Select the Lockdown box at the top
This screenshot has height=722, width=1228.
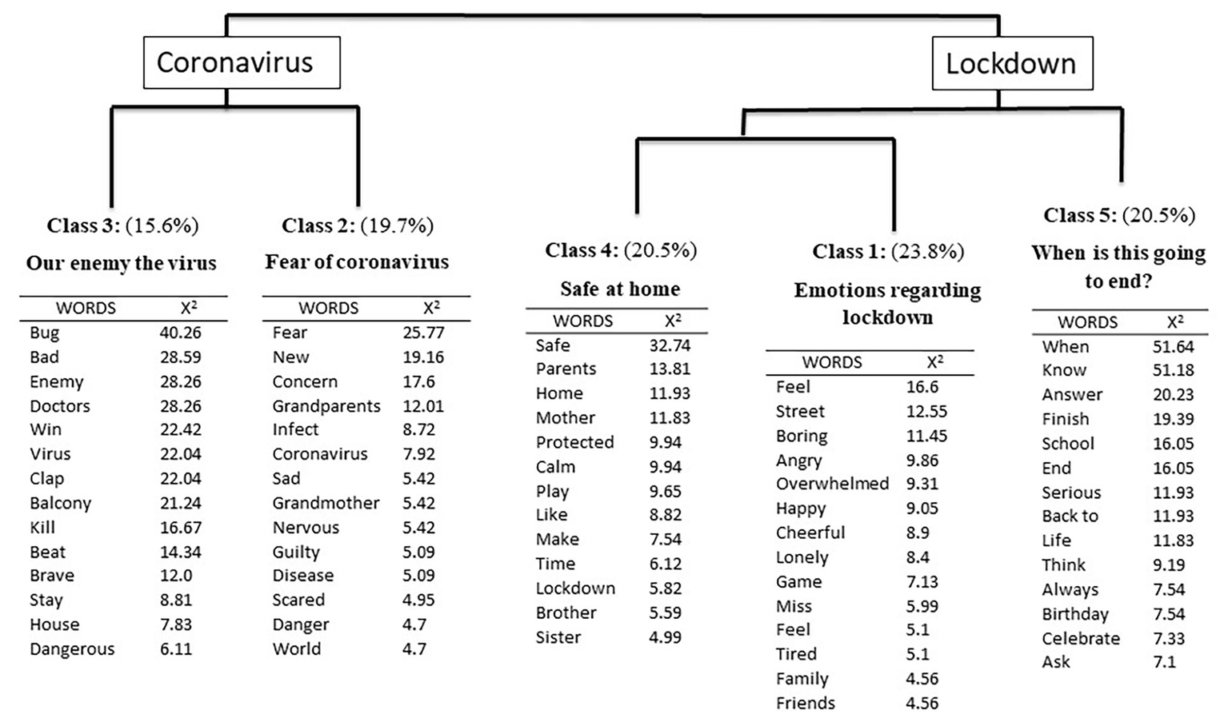pyautogui.click(x=1011, y=64)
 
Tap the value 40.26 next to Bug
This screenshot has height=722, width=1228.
pyautogui.click(x=180, y=333)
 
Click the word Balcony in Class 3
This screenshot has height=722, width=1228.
pyautogui.click(x=61, y=503)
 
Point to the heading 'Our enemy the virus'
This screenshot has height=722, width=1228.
pyautogui.click(x=122, y=263)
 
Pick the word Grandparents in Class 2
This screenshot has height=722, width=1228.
pyautogui.click(x=326, y=406)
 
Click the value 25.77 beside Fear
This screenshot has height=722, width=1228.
pyautogui.click(x=423, y=333)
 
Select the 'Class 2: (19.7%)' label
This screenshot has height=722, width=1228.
pyautogui.click(x=358, y=225)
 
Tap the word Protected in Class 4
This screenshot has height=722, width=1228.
pyautogui.click(x=574, y=442)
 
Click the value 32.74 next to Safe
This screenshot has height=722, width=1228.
pyautogui.click(x=670, y=345)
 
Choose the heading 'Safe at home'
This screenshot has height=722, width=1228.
pyautogui.click(x=620, y=289)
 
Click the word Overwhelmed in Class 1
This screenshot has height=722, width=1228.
pyautogui.click(x=832, y=484)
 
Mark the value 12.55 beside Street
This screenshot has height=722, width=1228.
pyautogui.click(x=926, y=411)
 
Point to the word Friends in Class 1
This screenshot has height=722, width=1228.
pyautogui.click(x=805, y=704)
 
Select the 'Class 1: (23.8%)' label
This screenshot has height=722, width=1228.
pyautogui.click(x=888, y=252)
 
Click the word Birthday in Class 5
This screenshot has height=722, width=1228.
pyautogui.click(x=1074, y=614)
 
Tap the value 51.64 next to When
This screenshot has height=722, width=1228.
pyautogui.click(x=1173, y=347)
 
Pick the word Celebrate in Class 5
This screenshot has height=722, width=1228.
pyautogui.click(x=1080, y=639)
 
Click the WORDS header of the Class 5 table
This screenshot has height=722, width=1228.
pyautogui.click(x=1087, y=322)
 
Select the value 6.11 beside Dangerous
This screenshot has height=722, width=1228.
pyautogui.click(x=176, y=649)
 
